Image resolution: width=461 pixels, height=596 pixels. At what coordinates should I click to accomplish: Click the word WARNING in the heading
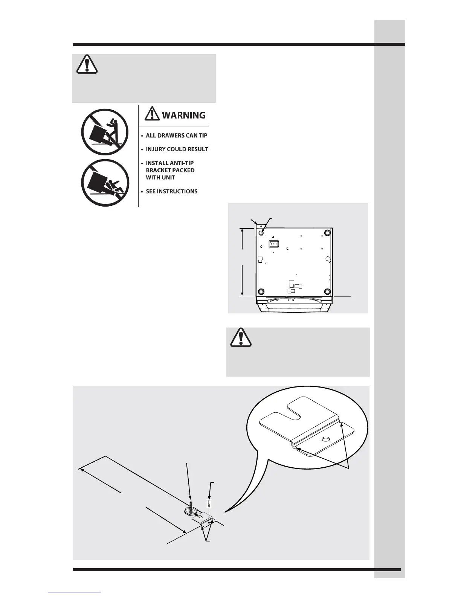coord(184,115)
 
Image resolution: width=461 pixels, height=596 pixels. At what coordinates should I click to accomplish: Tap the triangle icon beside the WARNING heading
coord(152,114)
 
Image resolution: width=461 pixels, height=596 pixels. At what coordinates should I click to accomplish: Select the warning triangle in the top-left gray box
coord(87,65)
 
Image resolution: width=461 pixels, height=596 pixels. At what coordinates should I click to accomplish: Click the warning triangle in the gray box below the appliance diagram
coord(241,338)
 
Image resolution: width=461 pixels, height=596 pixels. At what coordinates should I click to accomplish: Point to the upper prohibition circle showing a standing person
coord(105,132)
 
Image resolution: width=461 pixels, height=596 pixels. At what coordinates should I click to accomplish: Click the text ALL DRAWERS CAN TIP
coord(176,135)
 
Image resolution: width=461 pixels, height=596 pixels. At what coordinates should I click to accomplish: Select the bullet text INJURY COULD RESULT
coord(177,149)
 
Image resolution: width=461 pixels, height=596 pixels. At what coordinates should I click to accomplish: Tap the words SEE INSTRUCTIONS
coord(171,192)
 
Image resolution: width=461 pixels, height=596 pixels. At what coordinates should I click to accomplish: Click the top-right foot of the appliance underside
coord(327,233)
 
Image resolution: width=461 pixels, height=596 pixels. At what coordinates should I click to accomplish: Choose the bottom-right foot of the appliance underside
coord(327,292)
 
